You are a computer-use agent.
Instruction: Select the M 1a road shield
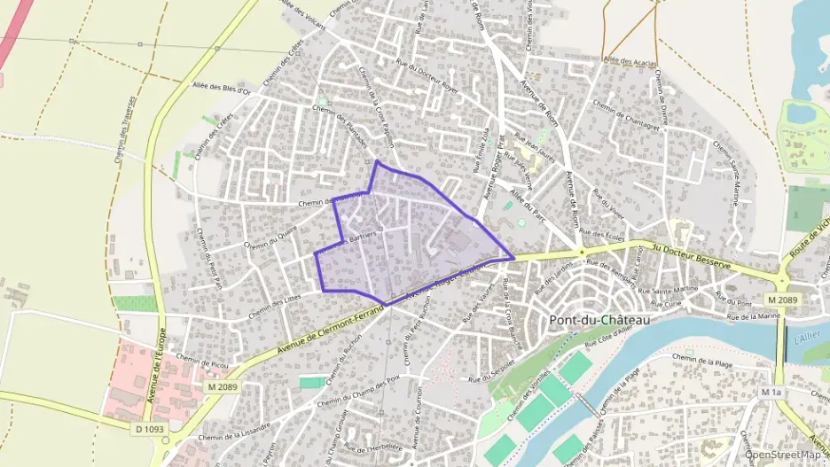[771, 391]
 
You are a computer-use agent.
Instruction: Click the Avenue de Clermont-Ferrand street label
[330, 326]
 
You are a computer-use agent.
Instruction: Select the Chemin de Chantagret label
[628, 119]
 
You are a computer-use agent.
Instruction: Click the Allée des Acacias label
[628, 60]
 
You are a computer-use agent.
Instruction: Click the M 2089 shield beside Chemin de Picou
[223, 386]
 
